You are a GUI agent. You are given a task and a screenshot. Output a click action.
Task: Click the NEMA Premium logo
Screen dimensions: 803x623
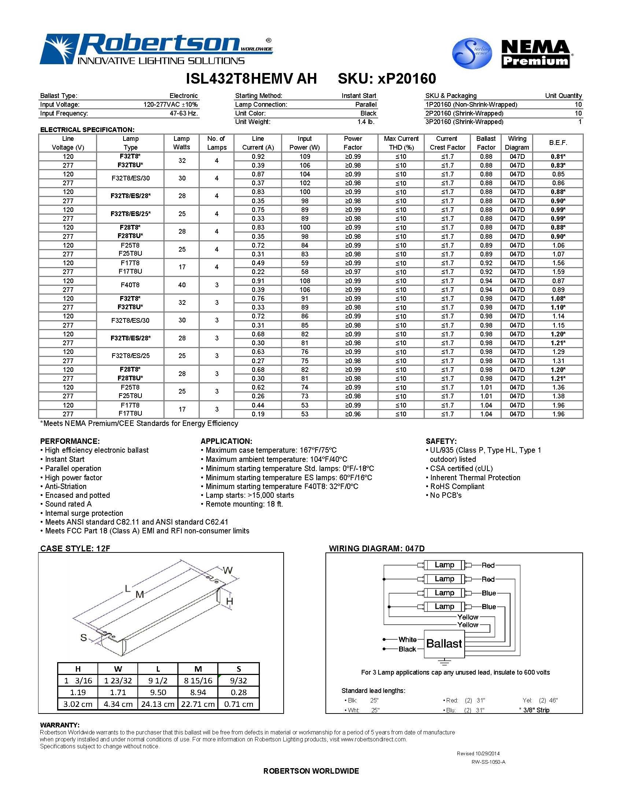click(x=535, y=54)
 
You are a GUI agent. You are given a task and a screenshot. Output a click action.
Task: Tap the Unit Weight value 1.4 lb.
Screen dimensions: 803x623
click(x=366, y=122)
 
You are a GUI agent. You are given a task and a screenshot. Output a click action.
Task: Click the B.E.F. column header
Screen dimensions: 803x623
click(x=558, y=143)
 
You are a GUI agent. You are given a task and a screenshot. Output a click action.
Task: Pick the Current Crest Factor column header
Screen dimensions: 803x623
click(x=447, y=143)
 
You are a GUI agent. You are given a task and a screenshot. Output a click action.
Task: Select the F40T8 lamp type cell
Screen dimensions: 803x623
click(x=130, y=285)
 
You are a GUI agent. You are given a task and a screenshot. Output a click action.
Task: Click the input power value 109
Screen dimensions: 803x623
click(x=305, y=156)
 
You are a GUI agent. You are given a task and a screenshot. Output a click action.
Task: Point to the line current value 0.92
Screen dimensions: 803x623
click(x=258, y=156)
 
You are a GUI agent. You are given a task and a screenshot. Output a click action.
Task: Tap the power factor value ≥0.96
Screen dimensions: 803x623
click(x=353, y=414)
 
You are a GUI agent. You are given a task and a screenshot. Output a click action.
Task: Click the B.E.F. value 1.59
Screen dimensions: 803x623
click(x=558, y=272)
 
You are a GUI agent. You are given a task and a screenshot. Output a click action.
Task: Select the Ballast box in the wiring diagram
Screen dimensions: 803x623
click(x=444, y=644)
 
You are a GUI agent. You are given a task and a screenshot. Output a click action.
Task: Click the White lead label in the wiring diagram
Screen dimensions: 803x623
click(x=408, y=639)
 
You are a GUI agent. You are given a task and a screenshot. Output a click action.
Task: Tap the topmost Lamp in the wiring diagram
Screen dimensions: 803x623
click(x=445, y=565)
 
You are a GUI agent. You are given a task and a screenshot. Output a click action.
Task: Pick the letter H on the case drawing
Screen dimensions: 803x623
click(x=229, y=601)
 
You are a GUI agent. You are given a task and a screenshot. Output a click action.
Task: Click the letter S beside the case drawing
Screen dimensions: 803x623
click(x=84, y=637)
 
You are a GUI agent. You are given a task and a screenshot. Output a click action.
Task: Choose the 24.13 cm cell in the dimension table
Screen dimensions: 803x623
click(x=158, y=704)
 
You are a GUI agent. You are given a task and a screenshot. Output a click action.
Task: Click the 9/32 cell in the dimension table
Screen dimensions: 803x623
click(x=239, y=680)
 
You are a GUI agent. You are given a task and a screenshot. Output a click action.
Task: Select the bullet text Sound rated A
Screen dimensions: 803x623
click(x=68, y=504)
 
